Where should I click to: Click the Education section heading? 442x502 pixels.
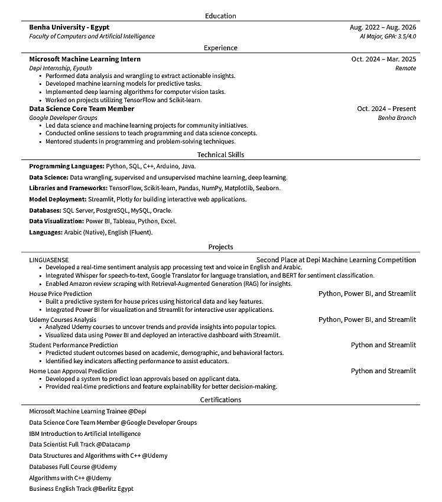pyautogui.click(x=220, y=16)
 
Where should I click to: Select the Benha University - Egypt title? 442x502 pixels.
pyautogui.click(x=69, y=27)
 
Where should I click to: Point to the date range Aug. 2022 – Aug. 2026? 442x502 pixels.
pyautogui.click(x=382, y=27)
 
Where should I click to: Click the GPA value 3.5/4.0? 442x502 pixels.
pyautogui.click(x=405, y=37)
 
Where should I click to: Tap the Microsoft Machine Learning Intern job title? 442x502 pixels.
pyautogui.click(x=84, y=59)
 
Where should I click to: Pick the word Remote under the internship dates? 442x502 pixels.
pyautogui.click(x=405, y=69)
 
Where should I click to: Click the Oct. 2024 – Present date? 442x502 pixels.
pyautogui.click(x=386, y=109)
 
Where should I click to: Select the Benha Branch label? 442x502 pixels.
pyautogui.click(x=397, y=118)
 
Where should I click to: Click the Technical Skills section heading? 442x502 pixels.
pyautogui.click(x=220, y=155)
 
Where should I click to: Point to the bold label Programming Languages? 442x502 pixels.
pyautogui.click(x=67, y=167)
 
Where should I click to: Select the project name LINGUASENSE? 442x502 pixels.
pyautogui.click(x=49, y=260)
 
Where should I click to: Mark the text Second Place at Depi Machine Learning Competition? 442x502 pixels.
pyautogui.click(x=336, y=260)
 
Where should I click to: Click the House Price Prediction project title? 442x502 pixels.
pyautogui.click(x=60, y=294)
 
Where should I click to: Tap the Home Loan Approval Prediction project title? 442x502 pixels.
pyautogui.click(x=73, y=371)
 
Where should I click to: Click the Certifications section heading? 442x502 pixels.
pyautogui.click(x=220, y=400)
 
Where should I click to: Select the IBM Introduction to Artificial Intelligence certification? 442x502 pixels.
pyautogui.click(x=84, y=433)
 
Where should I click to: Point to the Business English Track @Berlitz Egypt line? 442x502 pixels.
pyautogui.click(x=81, y=489)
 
